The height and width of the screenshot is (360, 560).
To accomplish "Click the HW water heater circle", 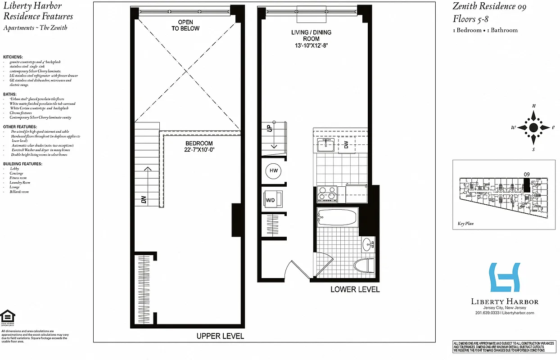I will point(273,171).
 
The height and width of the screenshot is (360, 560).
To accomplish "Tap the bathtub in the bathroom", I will point(337,219).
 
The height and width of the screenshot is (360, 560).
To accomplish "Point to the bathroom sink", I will point(368,245).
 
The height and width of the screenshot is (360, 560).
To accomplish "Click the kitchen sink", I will point(325,145).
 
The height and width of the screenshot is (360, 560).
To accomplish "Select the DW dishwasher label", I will point(346,145).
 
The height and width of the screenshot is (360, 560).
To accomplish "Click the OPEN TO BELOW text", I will point(185,25).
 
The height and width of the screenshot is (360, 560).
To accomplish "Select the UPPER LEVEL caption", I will point(220,336).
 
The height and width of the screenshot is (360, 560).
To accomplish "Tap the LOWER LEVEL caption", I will point(355,289).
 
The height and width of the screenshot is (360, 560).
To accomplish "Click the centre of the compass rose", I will point(533,127).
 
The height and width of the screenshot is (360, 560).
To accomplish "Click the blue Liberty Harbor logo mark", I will point(505,277).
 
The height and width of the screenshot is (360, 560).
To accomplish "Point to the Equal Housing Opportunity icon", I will point(8,317).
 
